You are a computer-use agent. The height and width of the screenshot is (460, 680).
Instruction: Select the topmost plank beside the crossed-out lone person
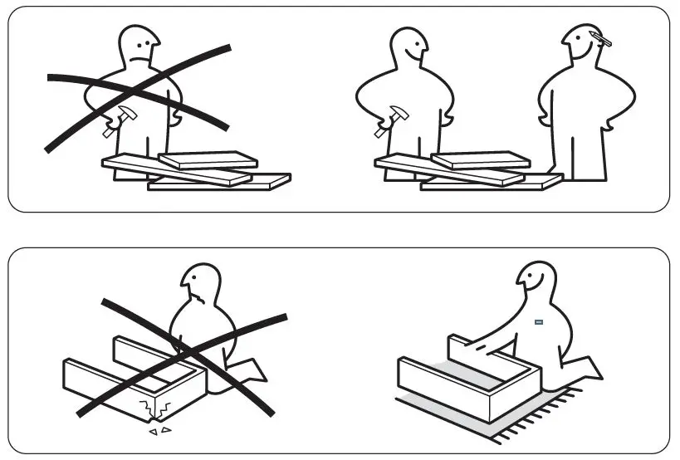[x=208, y=159]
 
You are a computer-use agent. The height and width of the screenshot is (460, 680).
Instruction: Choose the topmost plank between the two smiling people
[x=481, y=159]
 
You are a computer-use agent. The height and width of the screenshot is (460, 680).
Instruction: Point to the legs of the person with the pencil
[x=586, y=154]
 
